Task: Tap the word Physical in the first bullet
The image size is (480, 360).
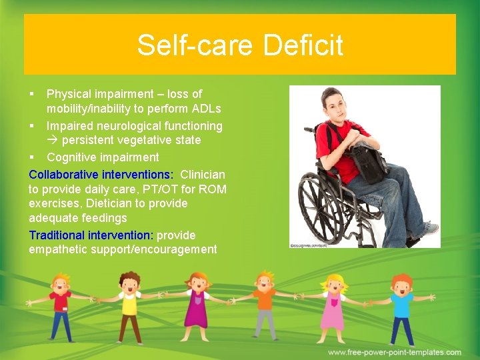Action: pos(69,94)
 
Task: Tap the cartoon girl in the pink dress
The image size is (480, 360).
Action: pos(332,307)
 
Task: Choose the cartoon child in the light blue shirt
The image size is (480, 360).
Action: pos(401,307)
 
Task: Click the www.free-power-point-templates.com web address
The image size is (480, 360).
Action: pos(394,352)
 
